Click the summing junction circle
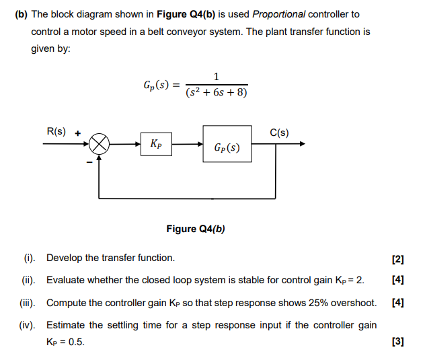(100, 144)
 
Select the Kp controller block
(155, 144)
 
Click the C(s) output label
(279, 132)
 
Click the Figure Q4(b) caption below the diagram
(196, 229)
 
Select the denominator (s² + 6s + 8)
(216, 93)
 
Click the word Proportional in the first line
(278, 14)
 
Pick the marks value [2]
(397, 260)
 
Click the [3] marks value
(397, 341)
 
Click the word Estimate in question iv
(65, 325)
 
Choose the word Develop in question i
(64, 258)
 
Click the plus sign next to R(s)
(77, 133)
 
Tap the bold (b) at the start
(21, 14)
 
